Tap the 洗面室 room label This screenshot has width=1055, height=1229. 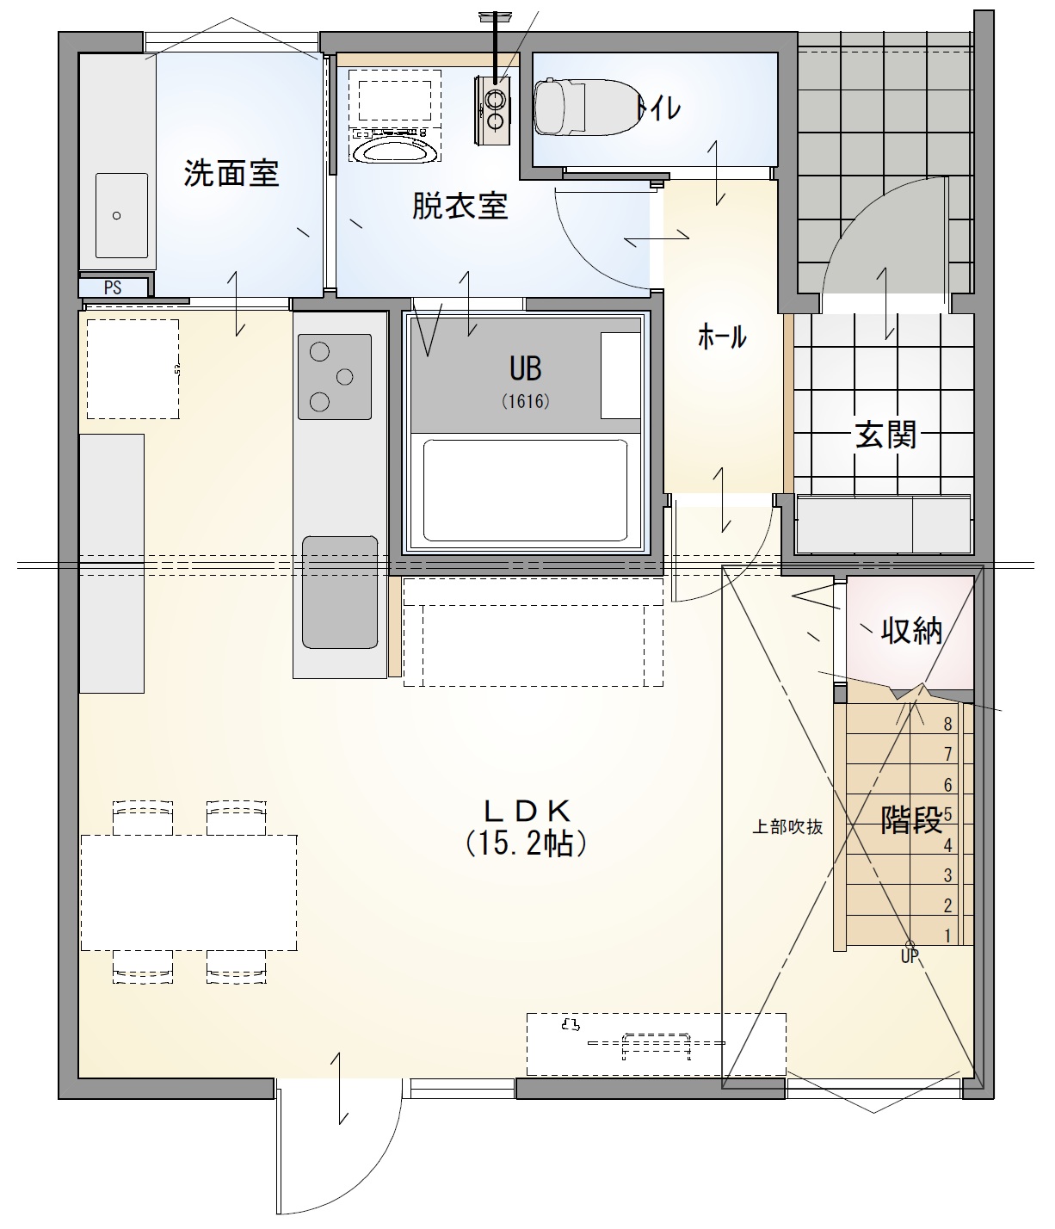pyautogui.click(x=231, y=173)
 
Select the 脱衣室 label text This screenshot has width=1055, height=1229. pyautogui.click(x=460, y=207)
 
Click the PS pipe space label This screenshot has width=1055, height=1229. pyautogui.click(x=113, y=287)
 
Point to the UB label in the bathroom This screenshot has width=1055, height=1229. pyautogui.click(x=526, y=368)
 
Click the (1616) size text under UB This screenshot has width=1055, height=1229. pyautogui.click(x=526, y=402)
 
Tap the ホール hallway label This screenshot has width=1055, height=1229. pyautogui.click(x=722, y=337)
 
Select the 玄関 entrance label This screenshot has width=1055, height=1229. pyautogui.click(x=885, y=435)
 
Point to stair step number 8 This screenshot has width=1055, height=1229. pyautogui.click(x=948, y=724)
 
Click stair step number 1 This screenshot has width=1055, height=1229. pyautogui.click(x=948, y=936)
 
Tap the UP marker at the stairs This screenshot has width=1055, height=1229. pyautogui.click(x=910, y=957)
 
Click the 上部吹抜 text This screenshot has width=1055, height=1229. pyautogui.click(x=787, y=826)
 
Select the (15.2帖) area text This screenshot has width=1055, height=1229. pyautogui.click(x=527, y=844)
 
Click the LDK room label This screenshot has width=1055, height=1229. pyautogui.click(x=527, y=811)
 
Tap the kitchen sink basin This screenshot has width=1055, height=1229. pyautogui.click(x=340, y=592)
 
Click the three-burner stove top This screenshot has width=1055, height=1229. pyautogui.click(x=335, y=377)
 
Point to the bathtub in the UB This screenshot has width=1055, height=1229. pyautogui.click(x=525, y=491)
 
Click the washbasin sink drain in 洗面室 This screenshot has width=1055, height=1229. pyautogui.click(x=116, y=216)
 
